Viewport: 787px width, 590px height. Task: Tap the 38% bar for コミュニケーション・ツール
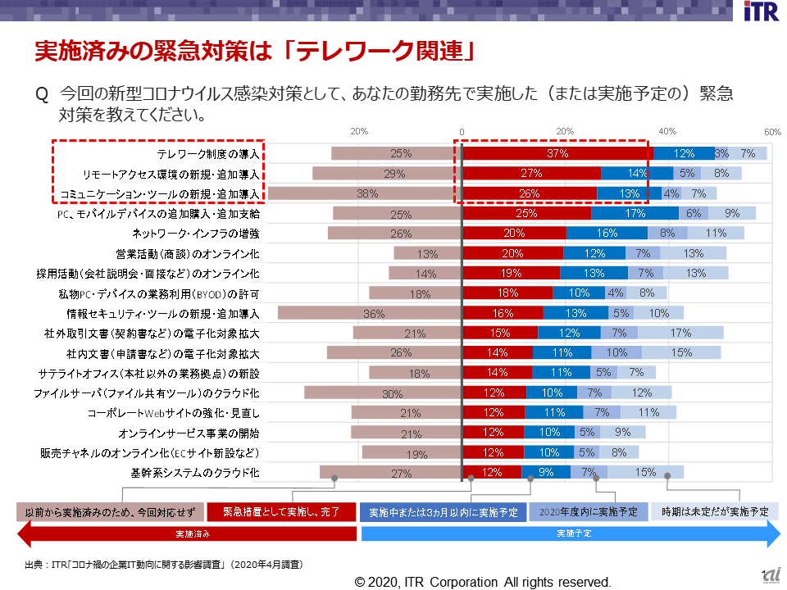(366, 193)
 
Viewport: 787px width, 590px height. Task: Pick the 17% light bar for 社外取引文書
(680, 333)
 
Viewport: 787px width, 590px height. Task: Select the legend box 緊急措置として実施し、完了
(281, 512)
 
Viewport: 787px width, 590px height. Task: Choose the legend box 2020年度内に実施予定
(589, 512)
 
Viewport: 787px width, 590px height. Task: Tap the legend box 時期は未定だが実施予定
(715, 512)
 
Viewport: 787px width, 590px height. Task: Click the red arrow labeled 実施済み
(187, 533)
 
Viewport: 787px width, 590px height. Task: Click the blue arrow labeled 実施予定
(571, 533)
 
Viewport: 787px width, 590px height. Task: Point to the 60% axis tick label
(772, 132)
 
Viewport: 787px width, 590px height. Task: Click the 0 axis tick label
(462, 132)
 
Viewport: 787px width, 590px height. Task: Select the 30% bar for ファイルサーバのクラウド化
(383, 393)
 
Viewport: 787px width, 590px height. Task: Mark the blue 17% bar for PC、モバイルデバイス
(635, 213)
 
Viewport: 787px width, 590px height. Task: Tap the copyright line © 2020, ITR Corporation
(483, 582)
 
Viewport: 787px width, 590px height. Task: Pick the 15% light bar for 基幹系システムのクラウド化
(645, 472)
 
